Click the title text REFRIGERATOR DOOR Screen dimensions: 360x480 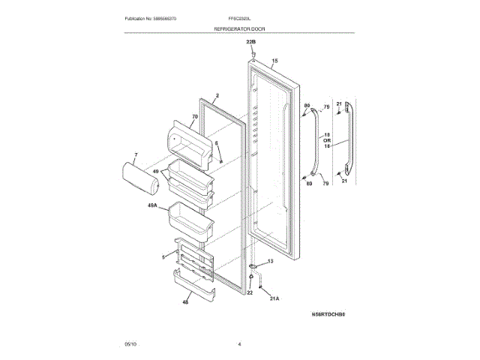click(239, 28)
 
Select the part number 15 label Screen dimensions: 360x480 click(274, 60)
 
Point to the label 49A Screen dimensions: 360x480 click(152, 205)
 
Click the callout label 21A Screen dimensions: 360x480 click(274, 298)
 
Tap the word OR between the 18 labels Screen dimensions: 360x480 click(327, 140)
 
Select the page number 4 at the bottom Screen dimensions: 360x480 click(239, 343)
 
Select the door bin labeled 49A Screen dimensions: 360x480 click(184, 217)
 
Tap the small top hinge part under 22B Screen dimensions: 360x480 click(253, 55)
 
